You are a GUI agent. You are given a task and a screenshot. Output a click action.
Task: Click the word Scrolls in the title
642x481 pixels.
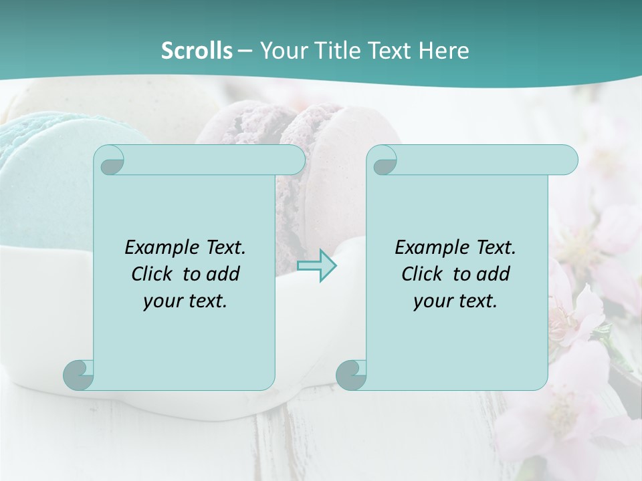pos(197,51)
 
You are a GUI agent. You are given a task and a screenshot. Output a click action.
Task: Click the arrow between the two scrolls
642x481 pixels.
pos(317,266)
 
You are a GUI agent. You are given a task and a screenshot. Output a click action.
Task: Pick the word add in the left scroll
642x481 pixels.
pos(223,274)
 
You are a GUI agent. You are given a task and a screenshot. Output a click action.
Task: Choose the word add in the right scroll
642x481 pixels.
pos(494,274)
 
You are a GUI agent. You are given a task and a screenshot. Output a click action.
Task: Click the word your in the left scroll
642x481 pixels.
pos(163,302)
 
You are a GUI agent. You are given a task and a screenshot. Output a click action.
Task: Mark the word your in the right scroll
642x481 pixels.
pos(433,302)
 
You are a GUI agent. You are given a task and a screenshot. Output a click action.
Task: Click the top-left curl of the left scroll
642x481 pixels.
pos(110,160)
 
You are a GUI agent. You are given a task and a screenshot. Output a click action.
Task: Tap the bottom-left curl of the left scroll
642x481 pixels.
pos(79,374)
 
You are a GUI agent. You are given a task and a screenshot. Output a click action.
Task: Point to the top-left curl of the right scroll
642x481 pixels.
pos(383,160)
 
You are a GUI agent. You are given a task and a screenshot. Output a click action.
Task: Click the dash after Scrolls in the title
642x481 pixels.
pos(245,51)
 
